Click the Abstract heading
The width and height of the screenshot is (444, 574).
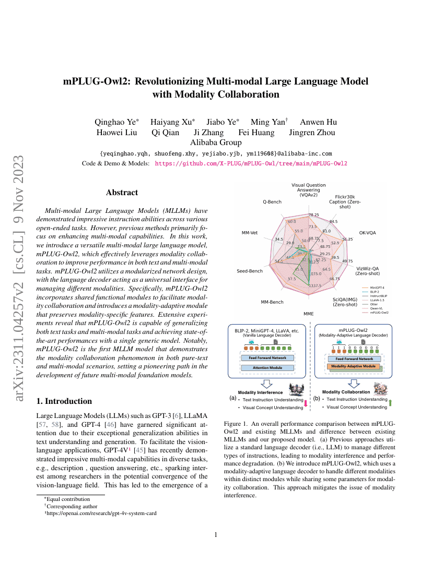click(x=122, y=193)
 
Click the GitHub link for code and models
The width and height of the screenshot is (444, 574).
click(x=251, y=163)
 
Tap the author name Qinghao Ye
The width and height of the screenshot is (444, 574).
click(x=116, y=122)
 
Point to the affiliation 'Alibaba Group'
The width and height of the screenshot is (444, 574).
click(x=216, y=142)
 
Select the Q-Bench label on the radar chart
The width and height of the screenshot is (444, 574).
click(x=272, y=201)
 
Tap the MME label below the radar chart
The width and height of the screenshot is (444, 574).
click(x=309, y=314)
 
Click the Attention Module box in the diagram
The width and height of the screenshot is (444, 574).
click(x=267, y=368)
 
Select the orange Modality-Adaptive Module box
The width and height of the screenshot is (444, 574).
click(x=354, y=367)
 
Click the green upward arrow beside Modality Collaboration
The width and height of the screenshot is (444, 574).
click(x=391, y=402)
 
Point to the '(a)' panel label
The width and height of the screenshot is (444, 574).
click(x=233, y=398)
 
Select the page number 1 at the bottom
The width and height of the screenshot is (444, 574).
click(x=216, y=535)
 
